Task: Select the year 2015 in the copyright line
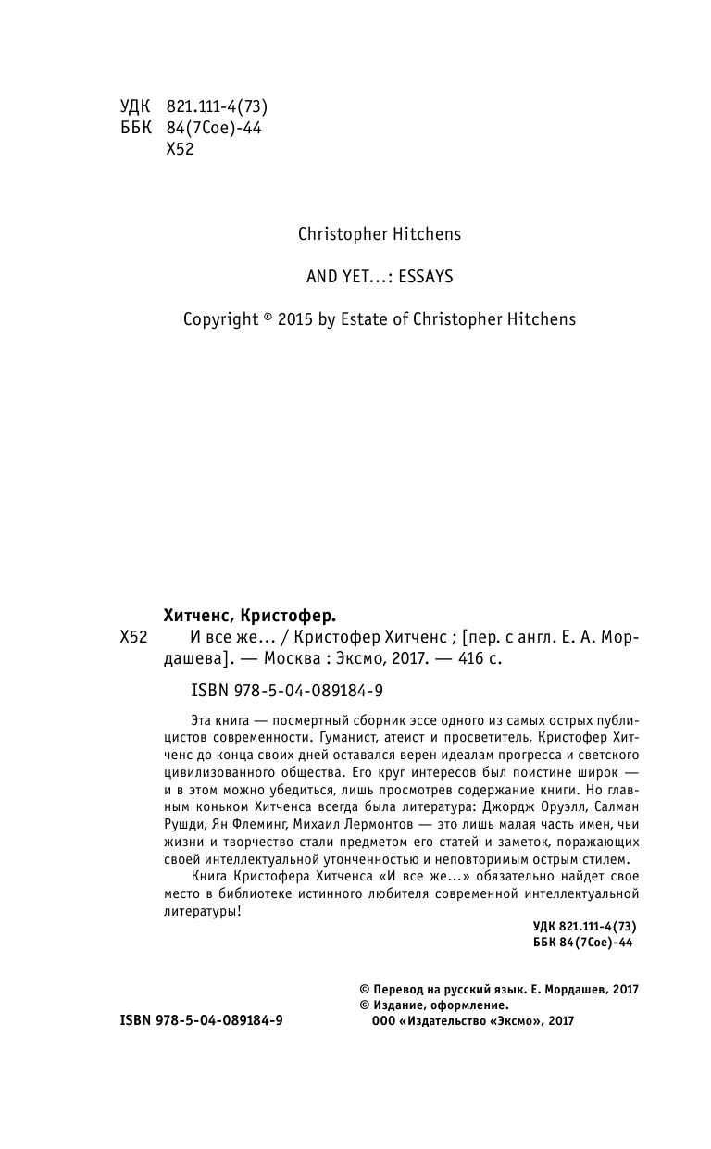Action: [x=294, y=319]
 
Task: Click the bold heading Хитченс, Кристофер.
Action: [x=249, y=614]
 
